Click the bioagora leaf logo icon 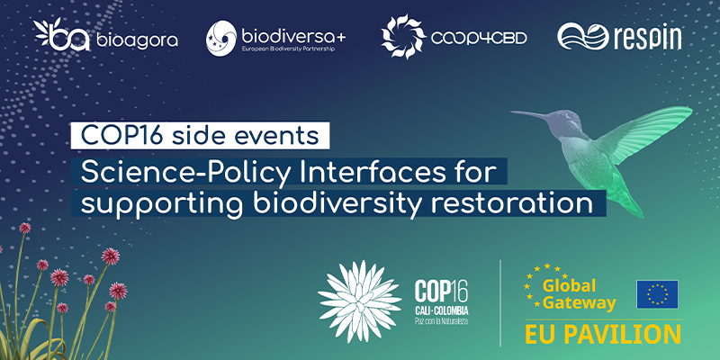tap(61, 34)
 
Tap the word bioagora tap(137, 40)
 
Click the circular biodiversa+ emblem tap(221, 38)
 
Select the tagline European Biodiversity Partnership tap(287, 49)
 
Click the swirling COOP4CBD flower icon tap(403, 36)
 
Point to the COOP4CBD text tap(479, 38)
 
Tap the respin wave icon tap(582, 36)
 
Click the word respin tap(647, 38)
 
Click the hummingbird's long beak tap(531, 114)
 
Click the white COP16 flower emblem tap(359, 301)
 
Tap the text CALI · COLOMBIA tap(441, 310)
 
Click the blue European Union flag tap(657, 294)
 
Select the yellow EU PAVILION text tap(603, 335)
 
